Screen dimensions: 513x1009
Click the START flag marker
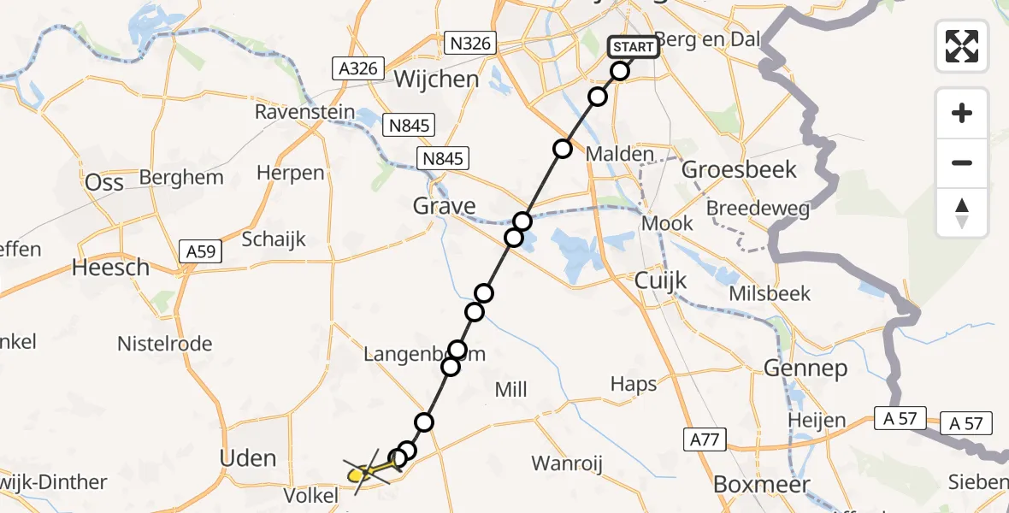pyautogui.click(x=634, y=46)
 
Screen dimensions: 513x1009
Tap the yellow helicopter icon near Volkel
pyautogui.click(x=364, y=471)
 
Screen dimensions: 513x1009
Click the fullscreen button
pyautogui.click(x=962, y=45)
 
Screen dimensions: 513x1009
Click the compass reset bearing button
pyautogui.click(x=962, y=212)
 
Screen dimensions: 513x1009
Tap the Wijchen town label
pyautogui.click(x=436, y=80)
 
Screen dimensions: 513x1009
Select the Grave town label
pyautogui.click(x=444, y=206)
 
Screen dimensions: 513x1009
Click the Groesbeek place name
pyautogui.click(x=739, y=169)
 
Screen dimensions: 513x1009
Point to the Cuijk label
pyautogui.click(x=661, y=280)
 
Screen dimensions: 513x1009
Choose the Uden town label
pyautogui.click(x=248, y=458)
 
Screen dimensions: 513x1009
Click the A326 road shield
pyautogui.click(x=358, y=68)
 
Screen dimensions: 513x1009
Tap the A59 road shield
pyautogui.click(x=202, y=251)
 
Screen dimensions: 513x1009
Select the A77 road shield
pyautogui.click(x=705, y=440)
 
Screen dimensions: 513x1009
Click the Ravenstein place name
pyautogui.click(x=303, y=112)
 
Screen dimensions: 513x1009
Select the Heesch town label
pyautogui.click(x=110, y=268)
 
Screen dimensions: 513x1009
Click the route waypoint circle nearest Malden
pyautogui.click(x=563, y=149)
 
